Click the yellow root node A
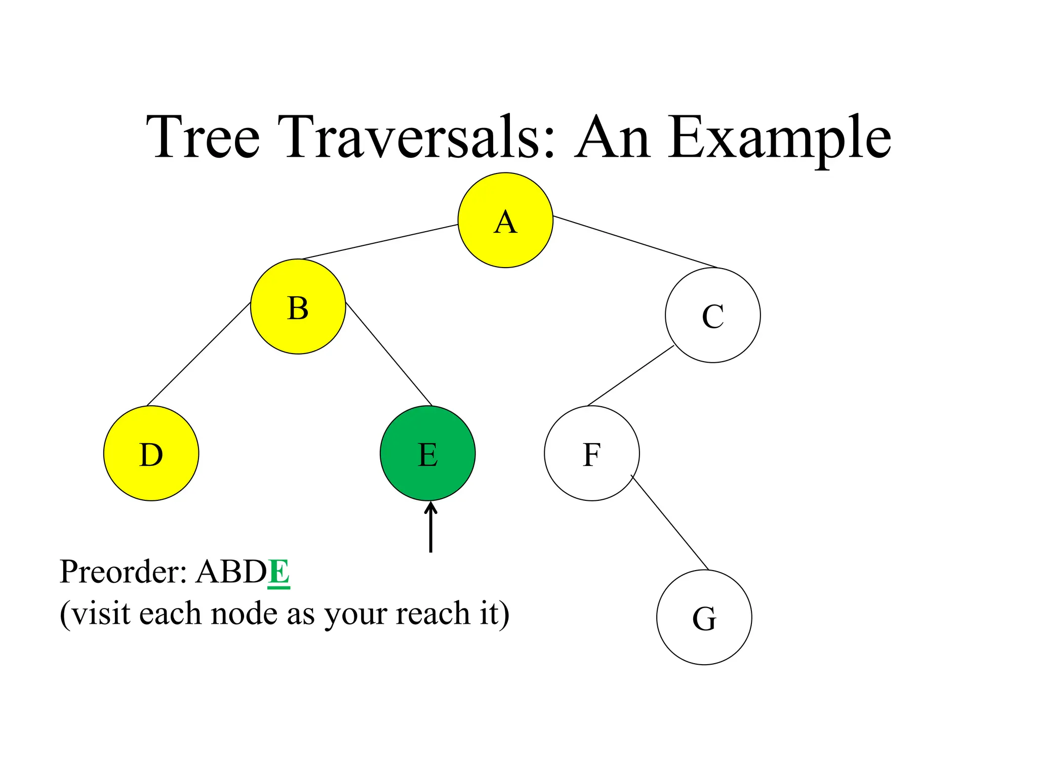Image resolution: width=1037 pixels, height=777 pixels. click(x=505, y=220)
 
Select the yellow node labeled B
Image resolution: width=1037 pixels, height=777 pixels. click(x=298, y=307)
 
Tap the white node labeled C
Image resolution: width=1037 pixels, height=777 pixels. click(x=712, y=315)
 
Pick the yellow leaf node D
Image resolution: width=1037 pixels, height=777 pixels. click(x=151, y=453)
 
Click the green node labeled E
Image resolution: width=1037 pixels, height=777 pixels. click(x=427, y=453)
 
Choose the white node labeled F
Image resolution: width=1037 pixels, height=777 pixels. click(x=591, y=453)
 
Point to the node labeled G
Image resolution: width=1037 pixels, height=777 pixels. click(x=704, y=617)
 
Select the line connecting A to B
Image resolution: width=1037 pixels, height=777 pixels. click(x=380, y=242)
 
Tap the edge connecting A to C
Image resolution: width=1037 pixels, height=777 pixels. click(x=635, y=242)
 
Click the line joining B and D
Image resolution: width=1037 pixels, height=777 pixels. click(x=198, y=354)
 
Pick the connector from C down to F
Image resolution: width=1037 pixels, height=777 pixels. click(x=630, y=376)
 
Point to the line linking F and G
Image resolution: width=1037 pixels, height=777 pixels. click(x=669, y=522)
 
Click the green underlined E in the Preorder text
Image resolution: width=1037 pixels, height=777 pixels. click(x=278, y=573)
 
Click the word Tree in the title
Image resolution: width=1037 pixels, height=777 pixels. click(x=203, y=137)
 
